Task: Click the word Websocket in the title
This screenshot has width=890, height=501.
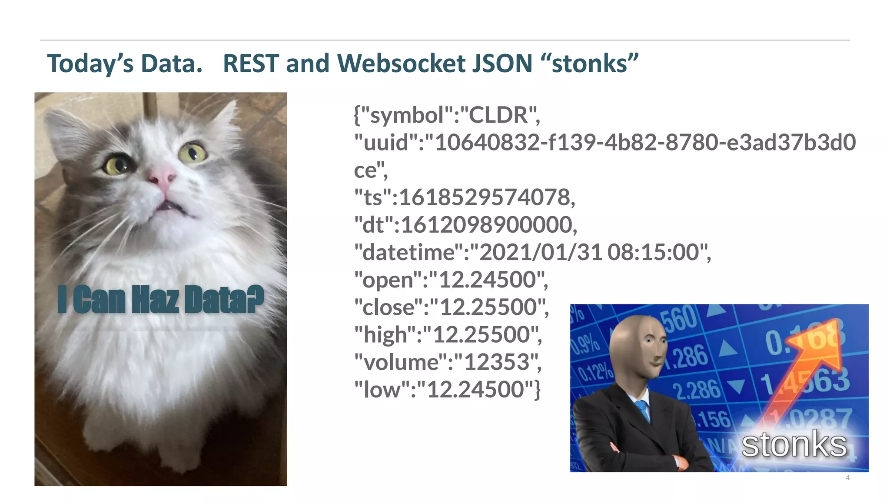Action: coord(401,63)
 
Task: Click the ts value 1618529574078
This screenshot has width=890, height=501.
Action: coord(485,197)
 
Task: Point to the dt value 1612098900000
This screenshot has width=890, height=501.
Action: coord(487,225)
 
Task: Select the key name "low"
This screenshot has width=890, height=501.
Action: coord(382,390)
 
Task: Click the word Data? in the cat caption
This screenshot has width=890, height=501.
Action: coord(224,300)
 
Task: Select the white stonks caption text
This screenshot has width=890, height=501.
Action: coord(794,445)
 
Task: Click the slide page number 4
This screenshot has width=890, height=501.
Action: coord(847,478)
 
